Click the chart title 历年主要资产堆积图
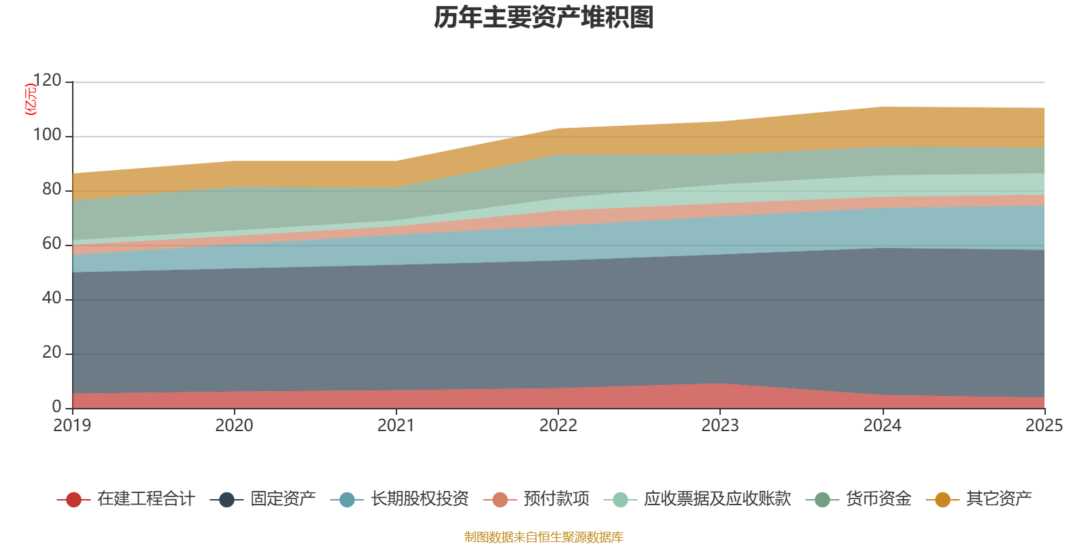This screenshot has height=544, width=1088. [x=544, y=18]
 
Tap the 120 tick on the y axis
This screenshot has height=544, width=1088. [x=47, y=81]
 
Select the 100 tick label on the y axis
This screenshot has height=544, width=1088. [x=47, y=135]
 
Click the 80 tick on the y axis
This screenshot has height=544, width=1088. [x=52, y=190]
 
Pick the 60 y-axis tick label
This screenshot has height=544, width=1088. [x=52, y=244]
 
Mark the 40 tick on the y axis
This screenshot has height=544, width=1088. [x=52, y=299]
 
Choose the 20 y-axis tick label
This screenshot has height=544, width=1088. [x=52, y=353]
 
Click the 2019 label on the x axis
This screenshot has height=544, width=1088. [x=72, y=426]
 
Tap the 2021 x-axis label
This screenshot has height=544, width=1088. [x=396, y=426]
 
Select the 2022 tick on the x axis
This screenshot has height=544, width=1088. [x=558, y=426]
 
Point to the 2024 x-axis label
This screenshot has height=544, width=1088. [x=882, y=426]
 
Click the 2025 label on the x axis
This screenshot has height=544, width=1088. [x=1044, y=426]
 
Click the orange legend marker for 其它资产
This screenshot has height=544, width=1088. [x=942, y=500]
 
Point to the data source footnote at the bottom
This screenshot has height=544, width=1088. [x=544, y=537]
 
